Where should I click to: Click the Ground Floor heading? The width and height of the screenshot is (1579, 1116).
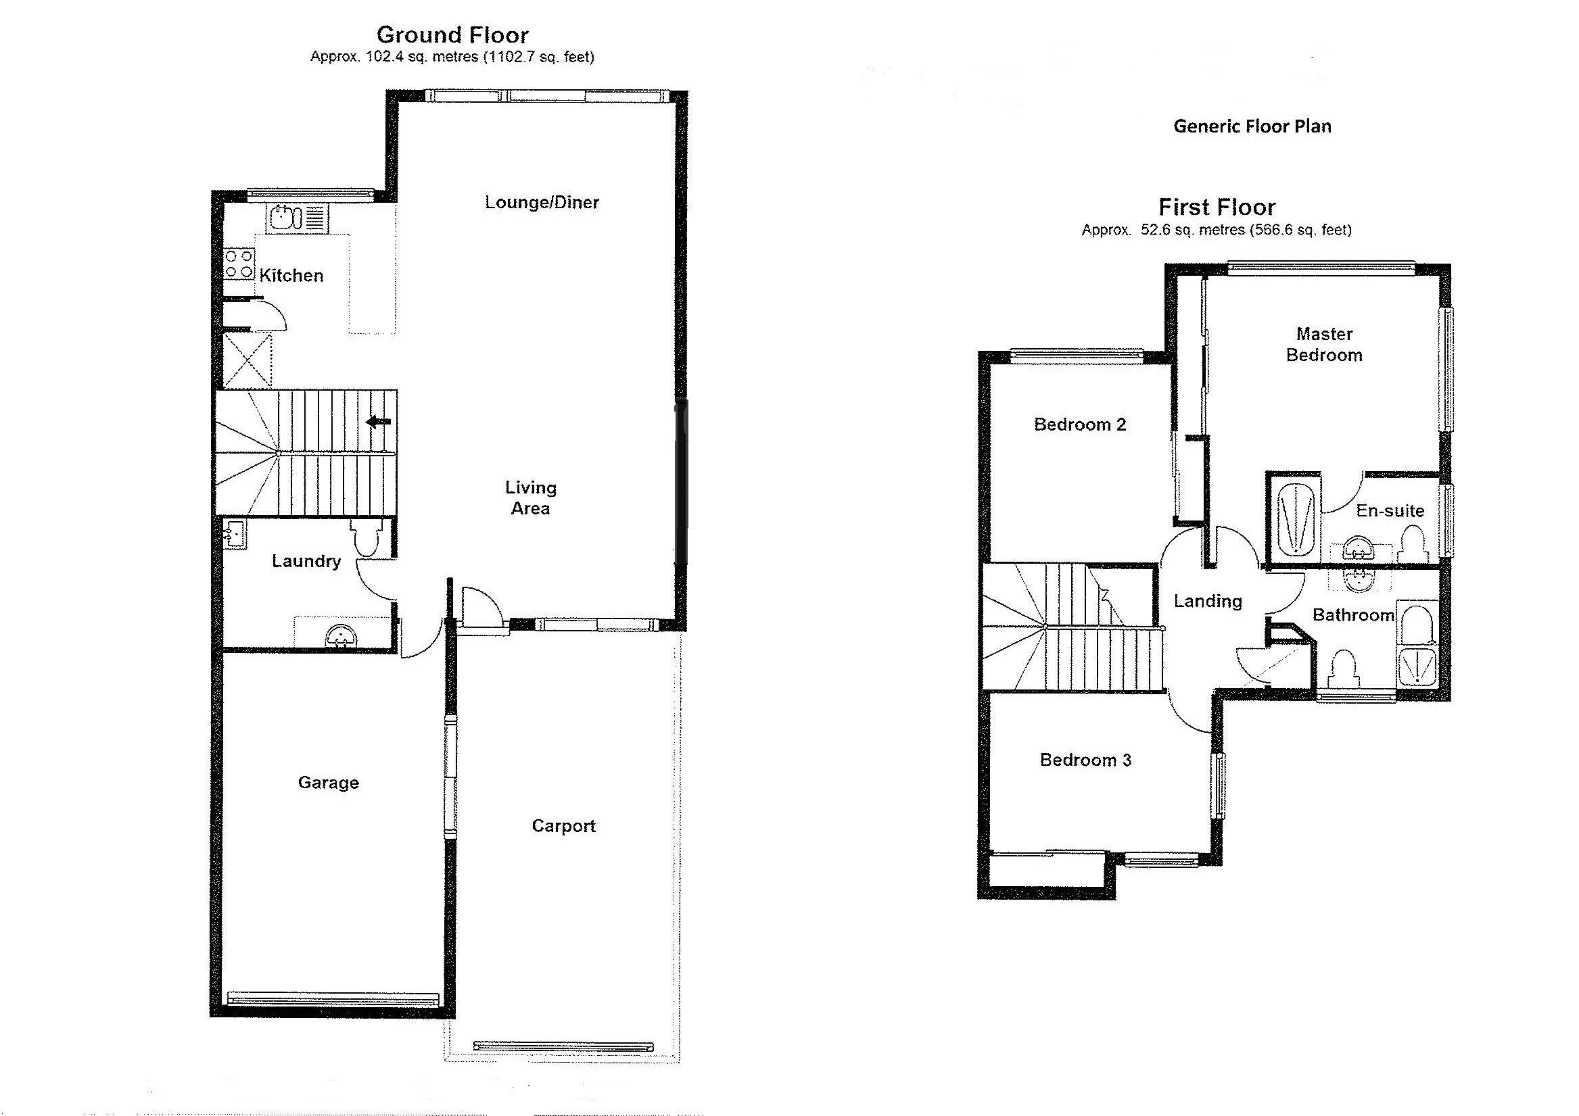coord(452,34)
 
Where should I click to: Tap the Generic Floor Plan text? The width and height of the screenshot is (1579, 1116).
coord(1252,126)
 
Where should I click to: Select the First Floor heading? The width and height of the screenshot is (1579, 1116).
coord(1217,207)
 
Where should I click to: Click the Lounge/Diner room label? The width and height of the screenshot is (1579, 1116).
coord(542,202)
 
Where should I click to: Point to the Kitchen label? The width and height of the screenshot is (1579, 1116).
coord(291,276)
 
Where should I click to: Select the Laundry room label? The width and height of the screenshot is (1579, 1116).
coord(306,561)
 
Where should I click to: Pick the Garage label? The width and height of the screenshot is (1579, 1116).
coord(328,783)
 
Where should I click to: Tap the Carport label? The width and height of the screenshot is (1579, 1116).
coord(563,826)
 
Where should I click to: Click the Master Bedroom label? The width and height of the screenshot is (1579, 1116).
coord(1324,345)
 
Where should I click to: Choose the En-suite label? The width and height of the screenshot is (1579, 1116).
coord(1390,511)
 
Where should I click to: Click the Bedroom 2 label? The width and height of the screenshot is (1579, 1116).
coord(1080,425)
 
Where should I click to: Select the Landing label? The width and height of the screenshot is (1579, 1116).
coord(1208,602)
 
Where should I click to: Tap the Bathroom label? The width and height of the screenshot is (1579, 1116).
coord(1352,615)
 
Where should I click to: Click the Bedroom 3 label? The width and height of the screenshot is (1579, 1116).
coord(1085,760)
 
